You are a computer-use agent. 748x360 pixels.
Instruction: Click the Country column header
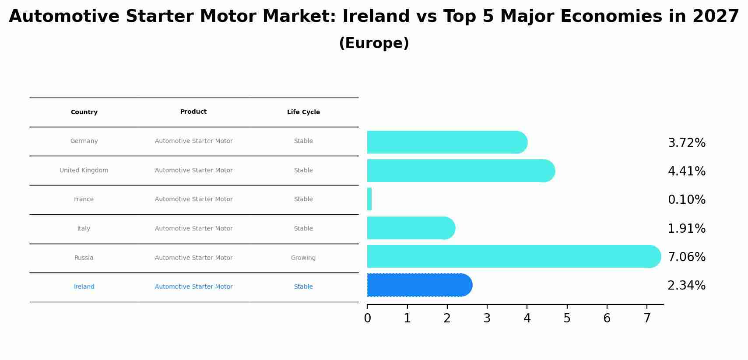pyautogui.click(x=84, y=112)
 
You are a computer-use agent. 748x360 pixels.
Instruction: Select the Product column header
pyautogui.click(x=193, y=112)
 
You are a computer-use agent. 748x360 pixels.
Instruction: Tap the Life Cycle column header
pyautogui.click(x=303, y=112)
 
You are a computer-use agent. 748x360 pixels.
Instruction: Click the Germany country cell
pyautogui.click(x=84, y=141)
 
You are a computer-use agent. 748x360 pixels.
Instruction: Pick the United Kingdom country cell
pyautogui.click(x=84, y=171)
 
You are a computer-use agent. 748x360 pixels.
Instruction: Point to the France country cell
pyautogui.click(x=84, y=199)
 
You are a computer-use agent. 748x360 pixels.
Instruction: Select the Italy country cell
pyautogui.click(x=84, y=229)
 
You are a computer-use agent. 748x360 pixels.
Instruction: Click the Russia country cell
pyautogui.click(x=84, y=258)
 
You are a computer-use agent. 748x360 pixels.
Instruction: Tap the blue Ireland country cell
pyautogui.click(x=84, y=287)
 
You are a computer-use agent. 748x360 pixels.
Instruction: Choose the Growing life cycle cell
pyautogui.click(x=303, y=258)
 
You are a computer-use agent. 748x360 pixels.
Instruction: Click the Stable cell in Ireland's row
pyautogui.click(x=303, y=287)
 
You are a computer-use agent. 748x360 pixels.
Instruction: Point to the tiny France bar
pyautogui.click(x=369, y=199)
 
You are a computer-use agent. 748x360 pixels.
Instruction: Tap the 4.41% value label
pyautogui.click(x=686, y=171)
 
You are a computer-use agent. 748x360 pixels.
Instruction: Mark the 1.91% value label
pyautogui.click(x=686, y=229)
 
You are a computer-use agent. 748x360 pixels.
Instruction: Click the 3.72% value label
pyautogui.click(x=686, y=143)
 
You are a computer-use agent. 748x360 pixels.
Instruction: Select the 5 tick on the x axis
pyautogui.click(x=567, y=318)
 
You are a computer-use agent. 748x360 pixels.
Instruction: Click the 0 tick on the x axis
pyautogui.click(x=367, y=318)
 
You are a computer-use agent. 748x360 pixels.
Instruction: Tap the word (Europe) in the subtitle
pyautogui.click(x=374, y=43)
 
